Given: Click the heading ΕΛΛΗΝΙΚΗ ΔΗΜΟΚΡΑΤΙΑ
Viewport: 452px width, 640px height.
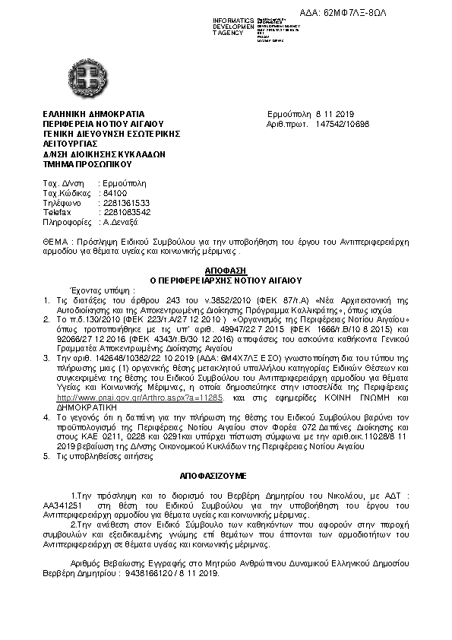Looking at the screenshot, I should (93, 112).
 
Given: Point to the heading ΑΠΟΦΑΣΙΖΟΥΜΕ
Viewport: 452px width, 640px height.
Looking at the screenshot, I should (226, 473).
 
